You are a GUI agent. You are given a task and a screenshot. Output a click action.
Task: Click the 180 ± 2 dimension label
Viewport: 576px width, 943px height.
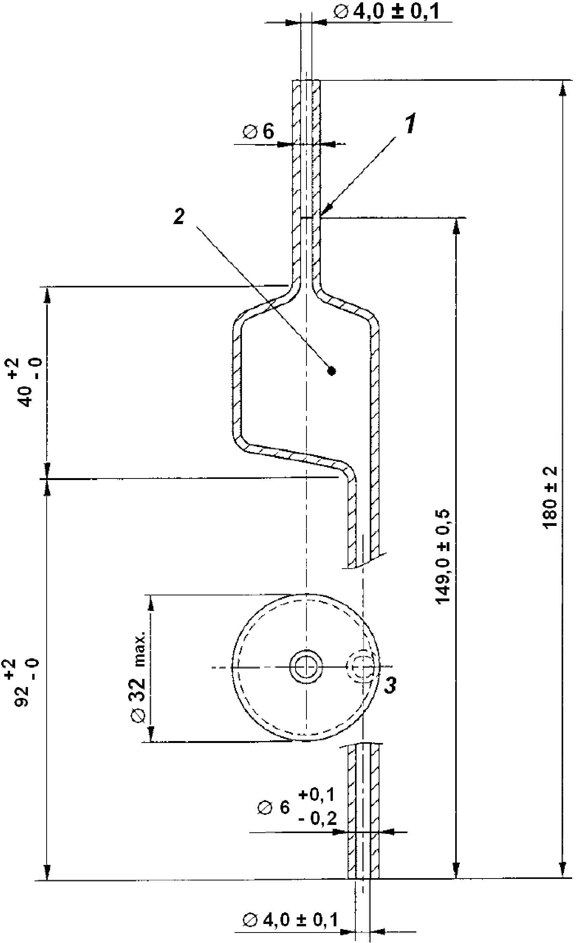550,497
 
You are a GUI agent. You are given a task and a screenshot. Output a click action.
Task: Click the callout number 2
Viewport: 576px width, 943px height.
179,216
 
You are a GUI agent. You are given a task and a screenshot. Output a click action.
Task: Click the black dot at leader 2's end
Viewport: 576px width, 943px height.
331,371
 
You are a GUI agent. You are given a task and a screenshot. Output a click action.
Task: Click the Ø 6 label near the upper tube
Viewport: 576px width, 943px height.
259,132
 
